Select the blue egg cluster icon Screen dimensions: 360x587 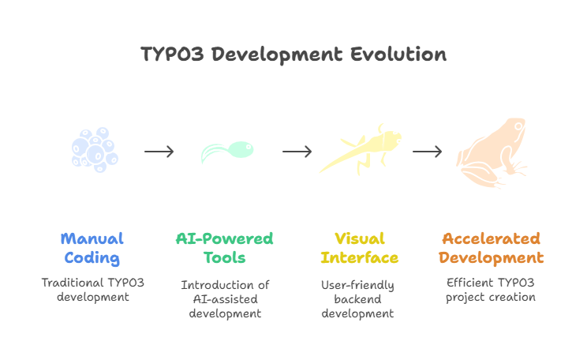[95, 151]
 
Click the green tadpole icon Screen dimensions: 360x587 [228, 151]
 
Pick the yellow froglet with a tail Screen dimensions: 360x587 [361, 150]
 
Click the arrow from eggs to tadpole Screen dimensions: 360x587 [159, 152]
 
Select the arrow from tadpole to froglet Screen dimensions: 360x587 [297, 152]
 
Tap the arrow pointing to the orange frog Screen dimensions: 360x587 [427, 152]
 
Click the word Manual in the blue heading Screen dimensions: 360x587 [92, 238]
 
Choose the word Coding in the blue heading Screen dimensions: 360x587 [92, 258]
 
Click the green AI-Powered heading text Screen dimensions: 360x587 [224, 238]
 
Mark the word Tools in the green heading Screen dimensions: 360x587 [224, 258]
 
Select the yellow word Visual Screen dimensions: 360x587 [360, 238]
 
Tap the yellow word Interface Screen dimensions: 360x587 [360, 258]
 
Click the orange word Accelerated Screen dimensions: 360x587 [491, 238]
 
